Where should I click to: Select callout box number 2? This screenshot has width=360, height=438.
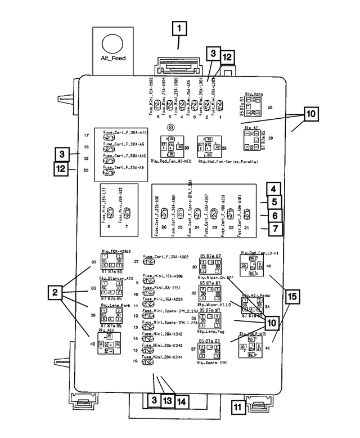coord(55,292)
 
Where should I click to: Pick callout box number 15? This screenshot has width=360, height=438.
coord(291,298)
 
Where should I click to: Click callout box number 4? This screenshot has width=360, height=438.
coord(272,190)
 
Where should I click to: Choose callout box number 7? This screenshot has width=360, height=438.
coord(272,229)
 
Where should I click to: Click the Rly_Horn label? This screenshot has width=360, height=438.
coord(254,95)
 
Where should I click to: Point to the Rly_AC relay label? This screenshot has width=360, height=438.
coord(251,128)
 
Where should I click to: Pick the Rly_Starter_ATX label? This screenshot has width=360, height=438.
coord(116,278)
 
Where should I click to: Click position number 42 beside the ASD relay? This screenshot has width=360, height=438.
coord(92,343)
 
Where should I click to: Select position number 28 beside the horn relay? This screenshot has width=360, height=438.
coord(270,107)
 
